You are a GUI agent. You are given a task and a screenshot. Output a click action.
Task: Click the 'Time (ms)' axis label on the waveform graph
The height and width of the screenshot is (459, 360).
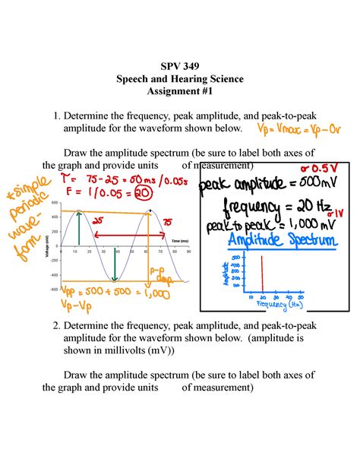coord(181,240)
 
